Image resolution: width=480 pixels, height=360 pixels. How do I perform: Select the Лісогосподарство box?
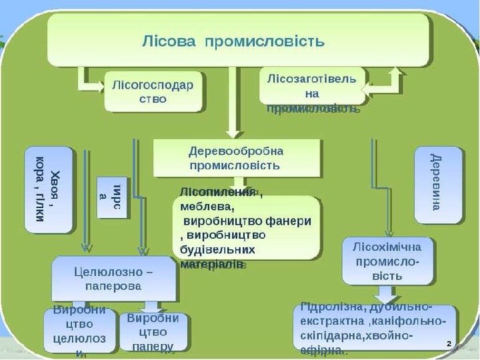coord(155,91)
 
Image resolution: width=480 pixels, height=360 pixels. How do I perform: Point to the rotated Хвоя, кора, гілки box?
coord(49,190)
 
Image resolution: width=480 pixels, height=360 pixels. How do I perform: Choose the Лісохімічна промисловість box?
coord(387,261)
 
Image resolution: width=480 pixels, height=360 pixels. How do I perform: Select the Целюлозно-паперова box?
coord(114,278)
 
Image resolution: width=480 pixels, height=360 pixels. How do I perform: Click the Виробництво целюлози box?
coord(80,331)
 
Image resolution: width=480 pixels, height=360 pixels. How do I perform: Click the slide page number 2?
coord(449,343)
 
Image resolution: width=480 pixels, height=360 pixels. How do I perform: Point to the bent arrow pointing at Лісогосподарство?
coord(89,80)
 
